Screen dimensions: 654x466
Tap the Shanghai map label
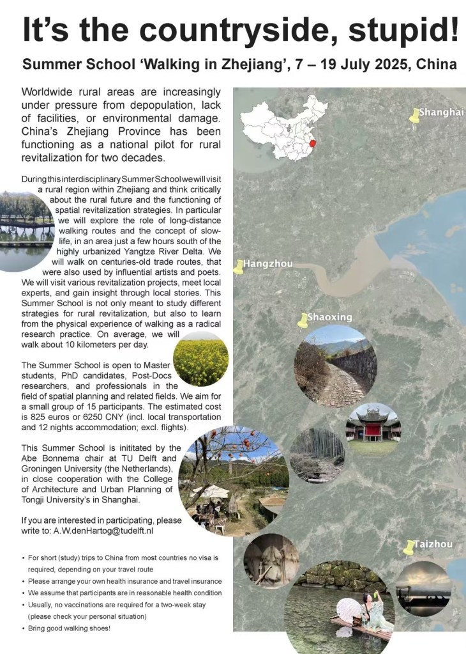pyautogui.click(x=441, y=113)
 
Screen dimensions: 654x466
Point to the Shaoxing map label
pyautogui.click(x=329, y=317)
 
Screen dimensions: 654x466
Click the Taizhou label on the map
pyautogui.click(x=433, y=544)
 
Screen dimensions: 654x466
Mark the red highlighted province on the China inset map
pyautogui.click(x=312, y=144)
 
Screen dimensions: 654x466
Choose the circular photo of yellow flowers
pyautogui.click(x=201, y=362)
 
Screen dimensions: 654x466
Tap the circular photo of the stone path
pyautogui.click(x=335, y=366)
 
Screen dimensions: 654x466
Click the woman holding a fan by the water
pyautogui.click(x=370, y=610)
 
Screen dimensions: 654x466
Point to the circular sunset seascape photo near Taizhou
pyautogui.click(x=423, y=589)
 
